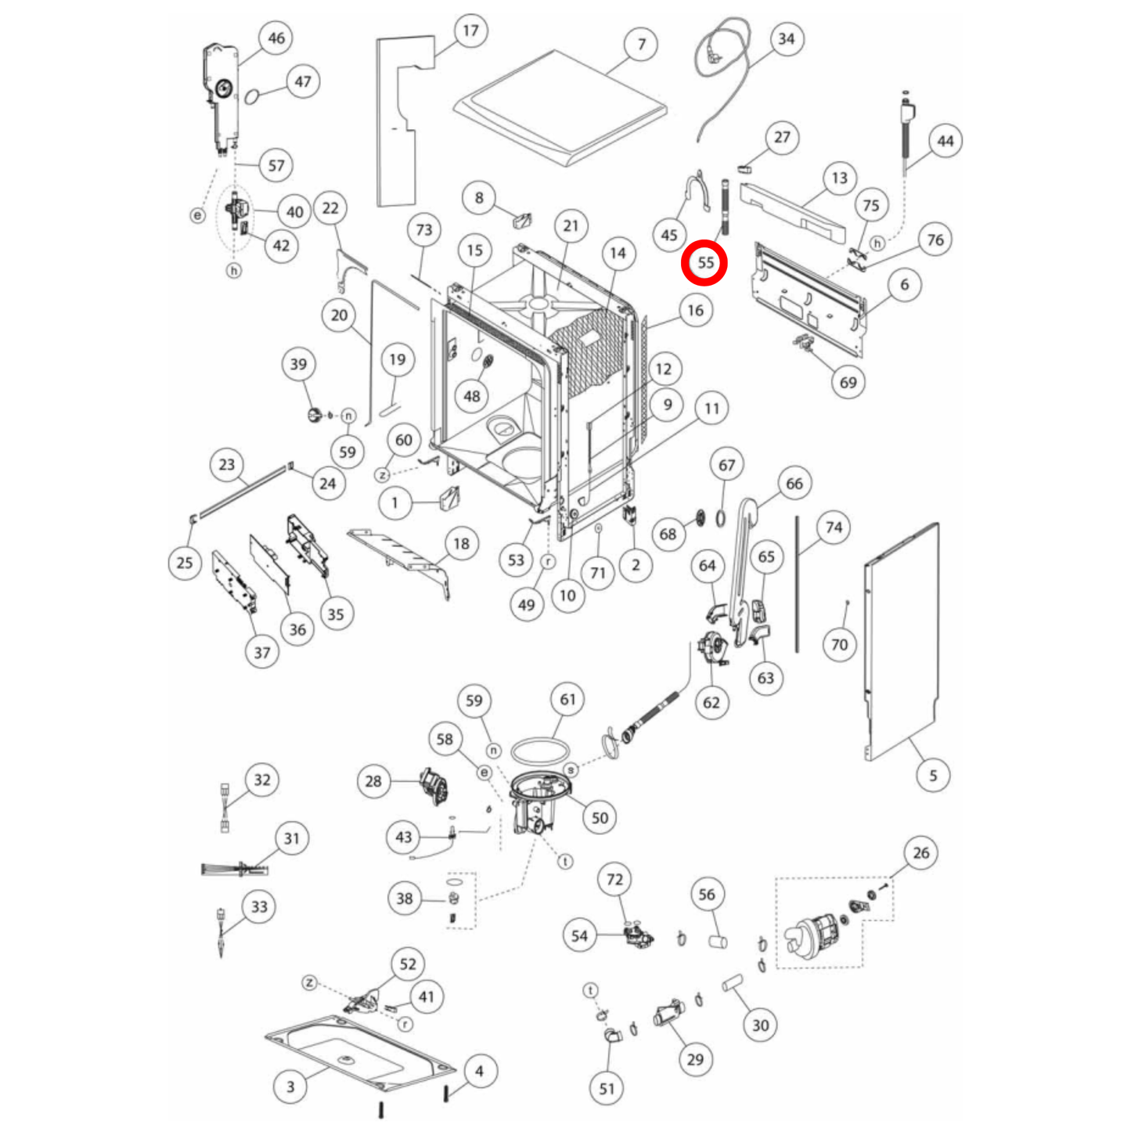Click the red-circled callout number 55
(x=704, y=263)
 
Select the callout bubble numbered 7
(x=641, y=45)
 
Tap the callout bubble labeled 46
(x=276, y=38)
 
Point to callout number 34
(x=786, y=39)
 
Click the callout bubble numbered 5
(x=932, y=776)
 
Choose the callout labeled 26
(x=920, y=853)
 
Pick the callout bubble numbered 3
(x=290, y=1086)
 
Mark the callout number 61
(x=567, y=700)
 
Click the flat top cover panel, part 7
(x=560, y=110)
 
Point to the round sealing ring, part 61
(x=540, y=751)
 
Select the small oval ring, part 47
(x=252, y=96)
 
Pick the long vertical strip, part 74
(x=798, y=583)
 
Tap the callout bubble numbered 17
(x=470, y=31)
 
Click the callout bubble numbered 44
(x=945, y=142)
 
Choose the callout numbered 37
(x=262, y=653)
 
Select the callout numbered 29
(x=695, y=1060)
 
